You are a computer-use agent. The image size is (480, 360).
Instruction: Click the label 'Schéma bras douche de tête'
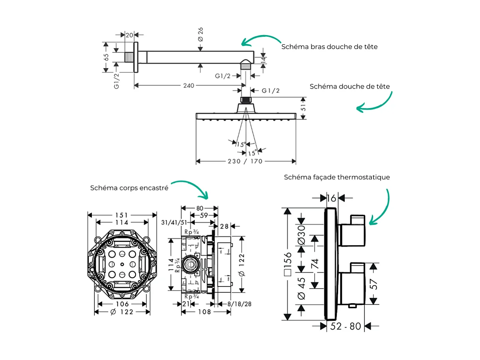point(329,46)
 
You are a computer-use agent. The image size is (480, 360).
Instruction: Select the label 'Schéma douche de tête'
point(350,86)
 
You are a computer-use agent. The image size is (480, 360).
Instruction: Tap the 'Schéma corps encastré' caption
point(129,188)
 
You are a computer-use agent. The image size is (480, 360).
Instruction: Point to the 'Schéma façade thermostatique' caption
point(337,177)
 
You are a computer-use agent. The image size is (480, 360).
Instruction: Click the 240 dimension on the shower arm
point(189,86)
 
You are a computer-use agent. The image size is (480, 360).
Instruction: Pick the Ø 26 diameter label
point(201,34)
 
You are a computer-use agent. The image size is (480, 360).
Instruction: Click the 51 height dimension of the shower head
point(303,108)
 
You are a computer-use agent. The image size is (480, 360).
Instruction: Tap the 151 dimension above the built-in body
point(122,214)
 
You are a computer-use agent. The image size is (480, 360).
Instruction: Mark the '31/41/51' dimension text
point(175,223)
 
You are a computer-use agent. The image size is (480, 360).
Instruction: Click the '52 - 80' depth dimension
point(346,326)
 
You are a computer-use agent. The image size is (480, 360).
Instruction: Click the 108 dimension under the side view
point(204,312)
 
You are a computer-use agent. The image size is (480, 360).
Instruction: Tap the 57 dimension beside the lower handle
point(374,284)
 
